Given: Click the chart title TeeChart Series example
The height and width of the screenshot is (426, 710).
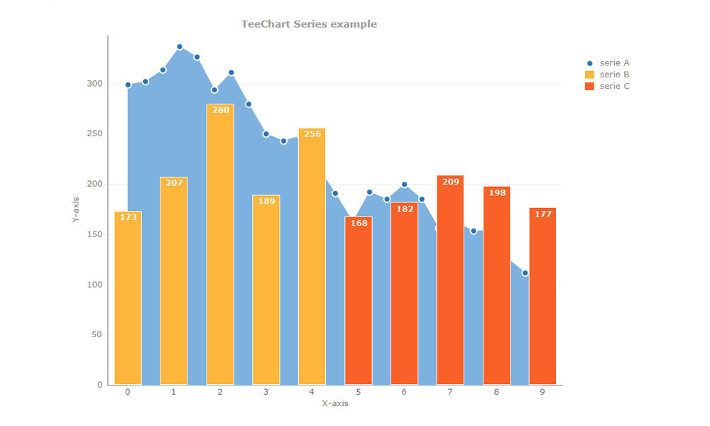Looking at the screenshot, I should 309,24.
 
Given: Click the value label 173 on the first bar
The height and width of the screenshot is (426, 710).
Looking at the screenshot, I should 129,217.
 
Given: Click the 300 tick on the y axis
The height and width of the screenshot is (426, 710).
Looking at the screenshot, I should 95,84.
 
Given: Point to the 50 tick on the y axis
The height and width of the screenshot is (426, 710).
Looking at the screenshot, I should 97,334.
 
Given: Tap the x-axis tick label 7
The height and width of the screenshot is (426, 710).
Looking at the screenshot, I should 450,392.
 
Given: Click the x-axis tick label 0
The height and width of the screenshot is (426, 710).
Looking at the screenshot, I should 128,392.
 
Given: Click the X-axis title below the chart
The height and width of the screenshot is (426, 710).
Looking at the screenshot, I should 335,403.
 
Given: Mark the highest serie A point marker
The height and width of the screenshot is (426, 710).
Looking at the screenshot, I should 180,47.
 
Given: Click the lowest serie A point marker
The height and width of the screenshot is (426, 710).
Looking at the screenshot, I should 525,273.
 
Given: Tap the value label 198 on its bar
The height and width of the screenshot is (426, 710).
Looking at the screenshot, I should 497,192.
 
